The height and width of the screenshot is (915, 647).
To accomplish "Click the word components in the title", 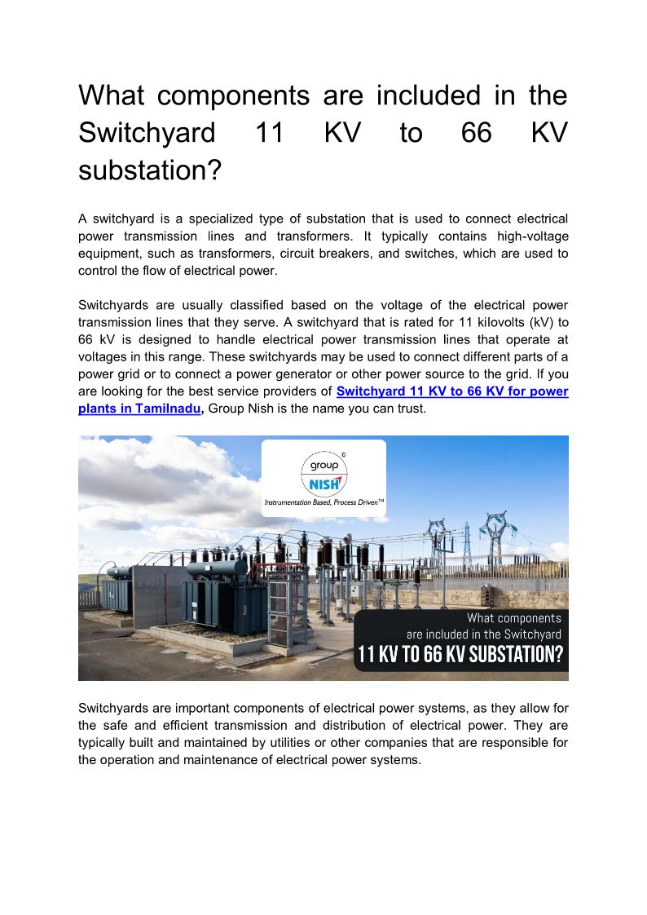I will (x=233, y=96).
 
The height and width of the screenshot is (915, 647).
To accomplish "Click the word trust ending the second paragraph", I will (x=410, y=409).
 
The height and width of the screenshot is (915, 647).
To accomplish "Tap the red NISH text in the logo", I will (x=324, y=485).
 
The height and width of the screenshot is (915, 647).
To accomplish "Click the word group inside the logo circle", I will (x=323, y=466).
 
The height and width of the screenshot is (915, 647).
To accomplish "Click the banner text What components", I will (x=513, y=618).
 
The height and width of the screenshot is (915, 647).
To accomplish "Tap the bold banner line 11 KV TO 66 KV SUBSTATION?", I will (x=460, y=655).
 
